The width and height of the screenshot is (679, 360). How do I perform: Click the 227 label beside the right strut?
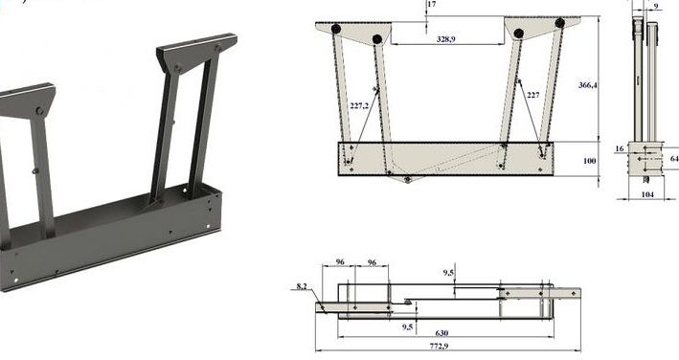(x=532, y=95)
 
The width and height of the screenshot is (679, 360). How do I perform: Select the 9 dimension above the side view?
(x=655, y=7)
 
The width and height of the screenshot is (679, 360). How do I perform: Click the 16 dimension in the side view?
(x=619, y=148)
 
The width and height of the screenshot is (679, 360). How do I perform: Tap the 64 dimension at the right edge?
(x=673, y=158)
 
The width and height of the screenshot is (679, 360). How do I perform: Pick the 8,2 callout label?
(x=303, y=286)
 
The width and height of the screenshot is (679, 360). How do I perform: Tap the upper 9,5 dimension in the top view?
(x=448, y=272)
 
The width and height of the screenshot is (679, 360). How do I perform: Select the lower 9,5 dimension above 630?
(x=408, y=326)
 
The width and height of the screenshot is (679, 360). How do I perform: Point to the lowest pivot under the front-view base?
(x=408, y=179)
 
